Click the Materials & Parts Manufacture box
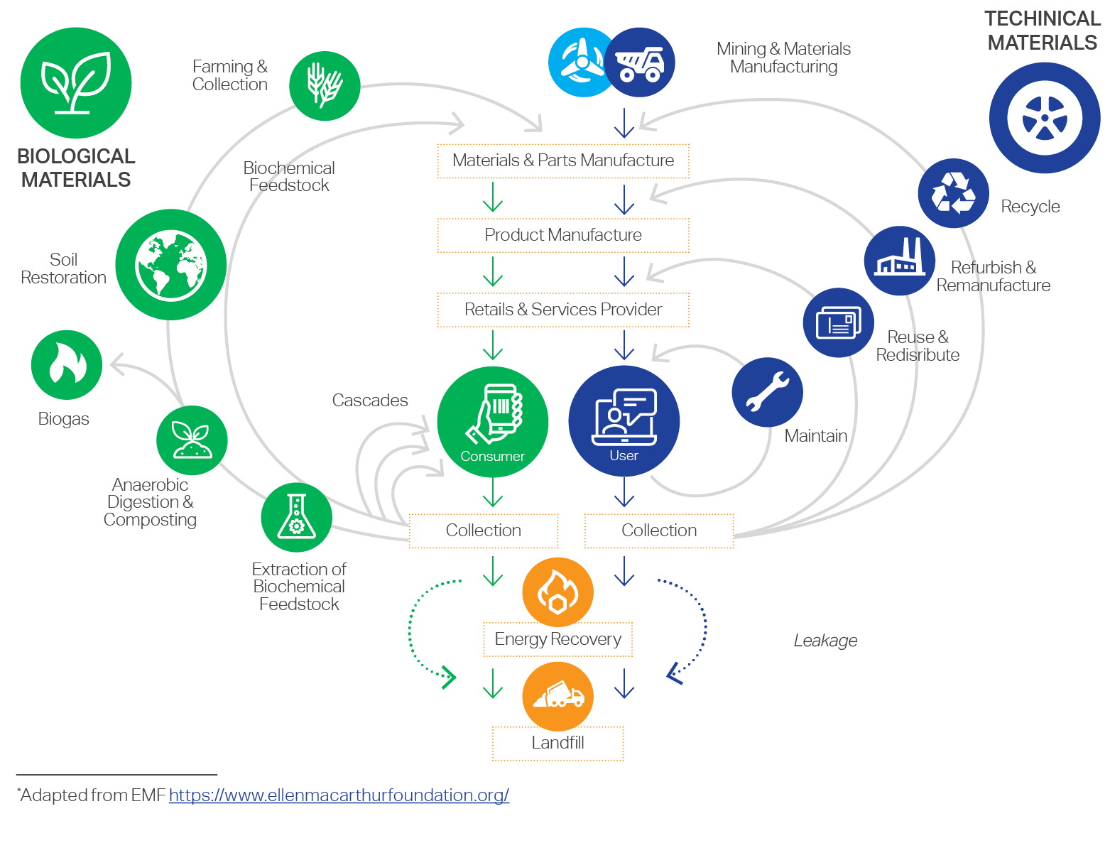tap(563, 161)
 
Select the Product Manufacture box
tap(563, 236)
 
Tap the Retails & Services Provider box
tap(563, 310)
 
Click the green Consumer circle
tap(493, 422)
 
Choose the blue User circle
tap(624, 421)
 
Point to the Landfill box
tap(558, 744)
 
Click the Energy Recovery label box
tap(557, 639)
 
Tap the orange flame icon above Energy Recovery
tap(557, 592)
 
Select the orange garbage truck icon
tap(557, 697)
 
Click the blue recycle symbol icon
tap(953, 193)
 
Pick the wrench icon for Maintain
tap(767, 392)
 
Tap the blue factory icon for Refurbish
tap(900, 261)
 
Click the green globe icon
tap(171, 264)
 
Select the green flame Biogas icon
tap(67, 364)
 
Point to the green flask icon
tap(296, 517)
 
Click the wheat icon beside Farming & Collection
tap(325, 86)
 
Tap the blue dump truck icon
tap(639, 62)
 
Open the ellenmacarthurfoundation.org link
tap(339, 795)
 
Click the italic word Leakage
tap(825, 641)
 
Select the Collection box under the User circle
tap(659, 531)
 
